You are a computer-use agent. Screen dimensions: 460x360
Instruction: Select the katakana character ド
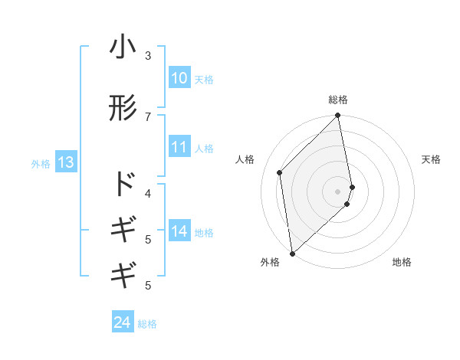[x=123, y=184]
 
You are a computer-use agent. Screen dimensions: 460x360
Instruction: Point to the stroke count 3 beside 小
[x=148, y=56]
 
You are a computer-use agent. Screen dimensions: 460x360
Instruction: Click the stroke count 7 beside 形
[x=148, y=116]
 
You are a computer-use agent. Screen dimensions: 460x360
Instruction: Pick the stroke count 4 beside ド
[x=148, y=192]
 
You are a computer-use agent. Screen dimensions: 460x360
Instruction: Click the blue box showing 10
[x=179, y=78]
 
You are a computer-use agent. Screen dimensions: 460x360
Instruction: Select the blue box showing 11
[x=179, y=147]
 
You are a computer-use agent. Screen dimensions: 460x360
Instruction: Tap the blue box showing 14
[x=179, y=231]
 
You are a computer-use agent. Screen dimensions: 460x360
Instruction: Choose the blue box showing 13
[x=65, y=162]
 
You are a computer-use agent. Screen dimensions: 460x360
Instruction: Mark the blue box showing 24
[x=123, y=322]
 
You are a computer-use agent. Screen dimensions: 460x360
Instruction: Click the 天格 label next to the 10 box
[x=203, y=79]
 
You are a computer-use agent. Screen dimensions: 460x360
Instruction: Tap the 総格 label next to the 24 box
[x=147, y=323]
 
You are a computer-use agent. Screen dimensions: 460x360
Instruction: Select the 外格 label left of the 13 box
[x=41, y=163]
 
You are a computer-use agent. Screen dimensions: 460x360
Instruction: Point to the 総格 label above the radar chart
[x=338, y=100]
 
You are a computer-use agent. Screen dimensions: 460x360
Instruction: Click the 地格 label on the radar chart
[x=402, y=262]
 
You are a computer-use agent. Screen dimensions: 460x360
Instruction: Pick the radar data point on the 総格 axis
[x=338, y=116]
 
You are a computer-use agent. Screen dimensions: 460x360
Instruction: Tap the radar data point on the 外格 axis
[x=292, y=253]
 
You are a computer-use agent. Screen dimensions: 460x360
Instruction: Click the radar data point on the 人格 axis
[x=280, y=172]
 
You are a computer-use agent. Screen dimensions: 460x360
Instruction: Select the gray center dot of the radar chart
[x=338, y=191]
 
